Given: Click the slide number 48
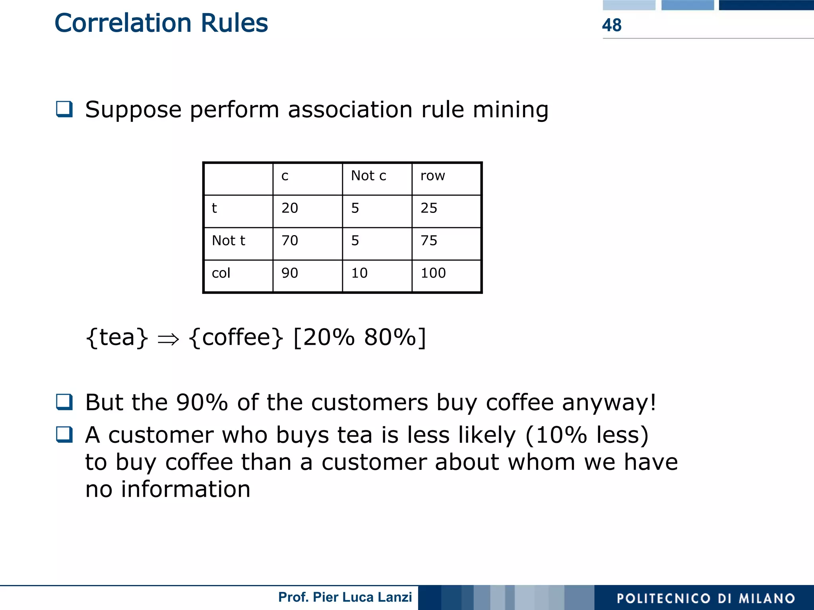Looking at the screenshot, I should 611,25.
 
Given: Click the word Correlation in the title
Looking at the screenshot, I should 123,23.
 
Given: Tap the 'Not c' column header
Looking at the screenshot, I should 368,176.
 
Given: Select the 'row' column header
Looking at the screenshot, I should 432,176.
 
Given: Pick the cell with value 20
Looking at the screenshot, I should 290,208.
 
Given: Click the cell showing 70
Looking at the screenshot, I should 290,241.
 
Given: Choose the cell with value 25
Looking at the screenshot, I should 429,208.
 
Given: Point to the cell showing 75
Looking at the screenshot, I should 429,241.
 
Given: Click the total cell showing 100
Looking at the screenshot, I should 433,273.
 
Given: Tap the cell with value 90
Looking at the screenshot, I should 290,273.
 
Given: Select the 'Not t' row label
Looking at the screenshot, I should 229,241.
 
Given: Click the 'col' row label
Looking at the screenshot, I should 221,273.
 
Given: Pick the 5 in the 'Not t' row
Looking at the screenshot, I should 355,241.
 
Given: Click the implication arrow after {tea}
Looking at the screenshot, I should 168,339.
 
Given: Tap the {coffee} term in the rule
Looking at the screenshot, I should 236,338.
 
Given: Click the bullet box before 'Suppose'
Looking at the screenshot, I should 64,109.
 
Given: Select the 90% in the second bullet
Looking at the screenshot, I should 202,402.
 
